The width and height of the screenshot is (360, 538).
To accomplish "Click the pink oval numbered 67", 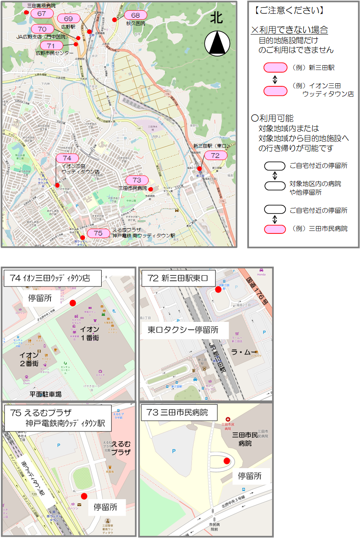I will click(42, 13).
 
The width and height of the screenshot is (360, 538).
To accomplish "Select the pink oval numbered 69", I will click(68, 19).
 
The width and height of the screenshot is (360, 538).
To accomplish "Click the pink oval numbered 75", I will click(98, 233).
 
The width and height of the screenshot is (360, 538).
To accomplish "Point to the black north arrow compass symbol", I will click(216, 44).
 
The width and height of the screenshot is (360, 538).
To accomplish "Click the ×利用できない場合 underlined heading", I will click(289, 30).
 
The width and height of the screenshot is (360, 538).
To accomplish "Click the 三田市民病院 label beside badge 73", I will click(133, 189).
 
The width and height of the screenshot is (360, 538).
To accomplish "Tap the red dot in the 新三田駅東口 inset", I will click(218, 289).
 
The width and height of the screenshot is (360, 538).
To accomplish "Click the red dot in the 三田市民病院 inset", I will click(227, 461).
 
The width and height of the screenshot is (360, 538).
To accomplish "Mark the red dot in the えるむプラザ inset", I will click(84, 496).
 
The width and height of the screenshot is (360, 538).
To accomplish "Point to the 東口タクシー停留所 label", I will click(183, 330).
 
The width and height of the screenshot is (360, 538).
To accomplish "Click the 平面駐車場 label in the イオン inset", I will click(45, 394).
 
